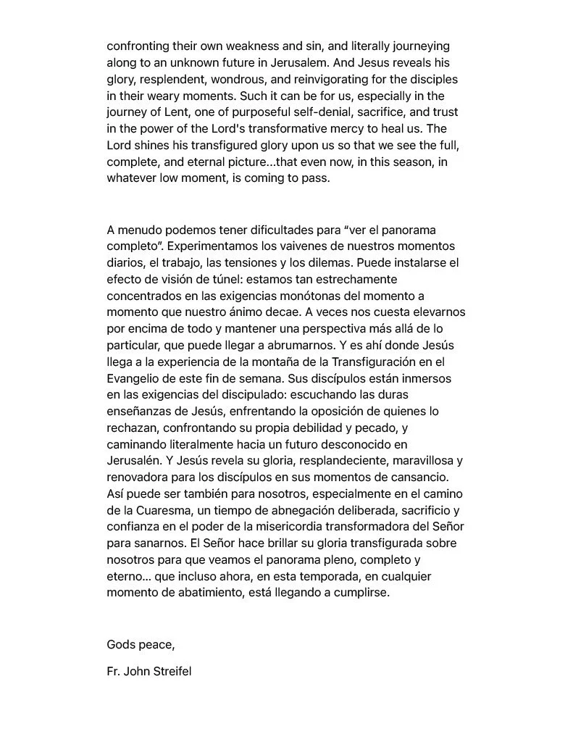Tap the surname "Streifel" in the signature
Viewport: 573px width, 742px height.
pyautogui.click(x=170, y=671)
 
